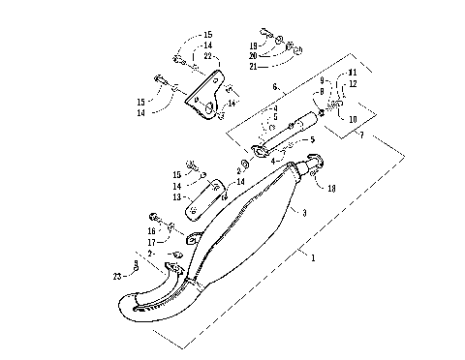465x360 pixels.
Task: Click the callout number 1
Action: [x=312, y=257]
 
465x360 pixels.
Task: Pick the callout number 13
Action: [x=176, y=196]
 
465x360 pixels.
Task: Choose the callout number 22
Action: [x=206, y=57]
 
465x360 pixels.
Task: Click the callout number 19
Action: [x=255, y=45]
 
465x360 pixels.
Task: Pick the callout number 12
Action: [x=353, y=84]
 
